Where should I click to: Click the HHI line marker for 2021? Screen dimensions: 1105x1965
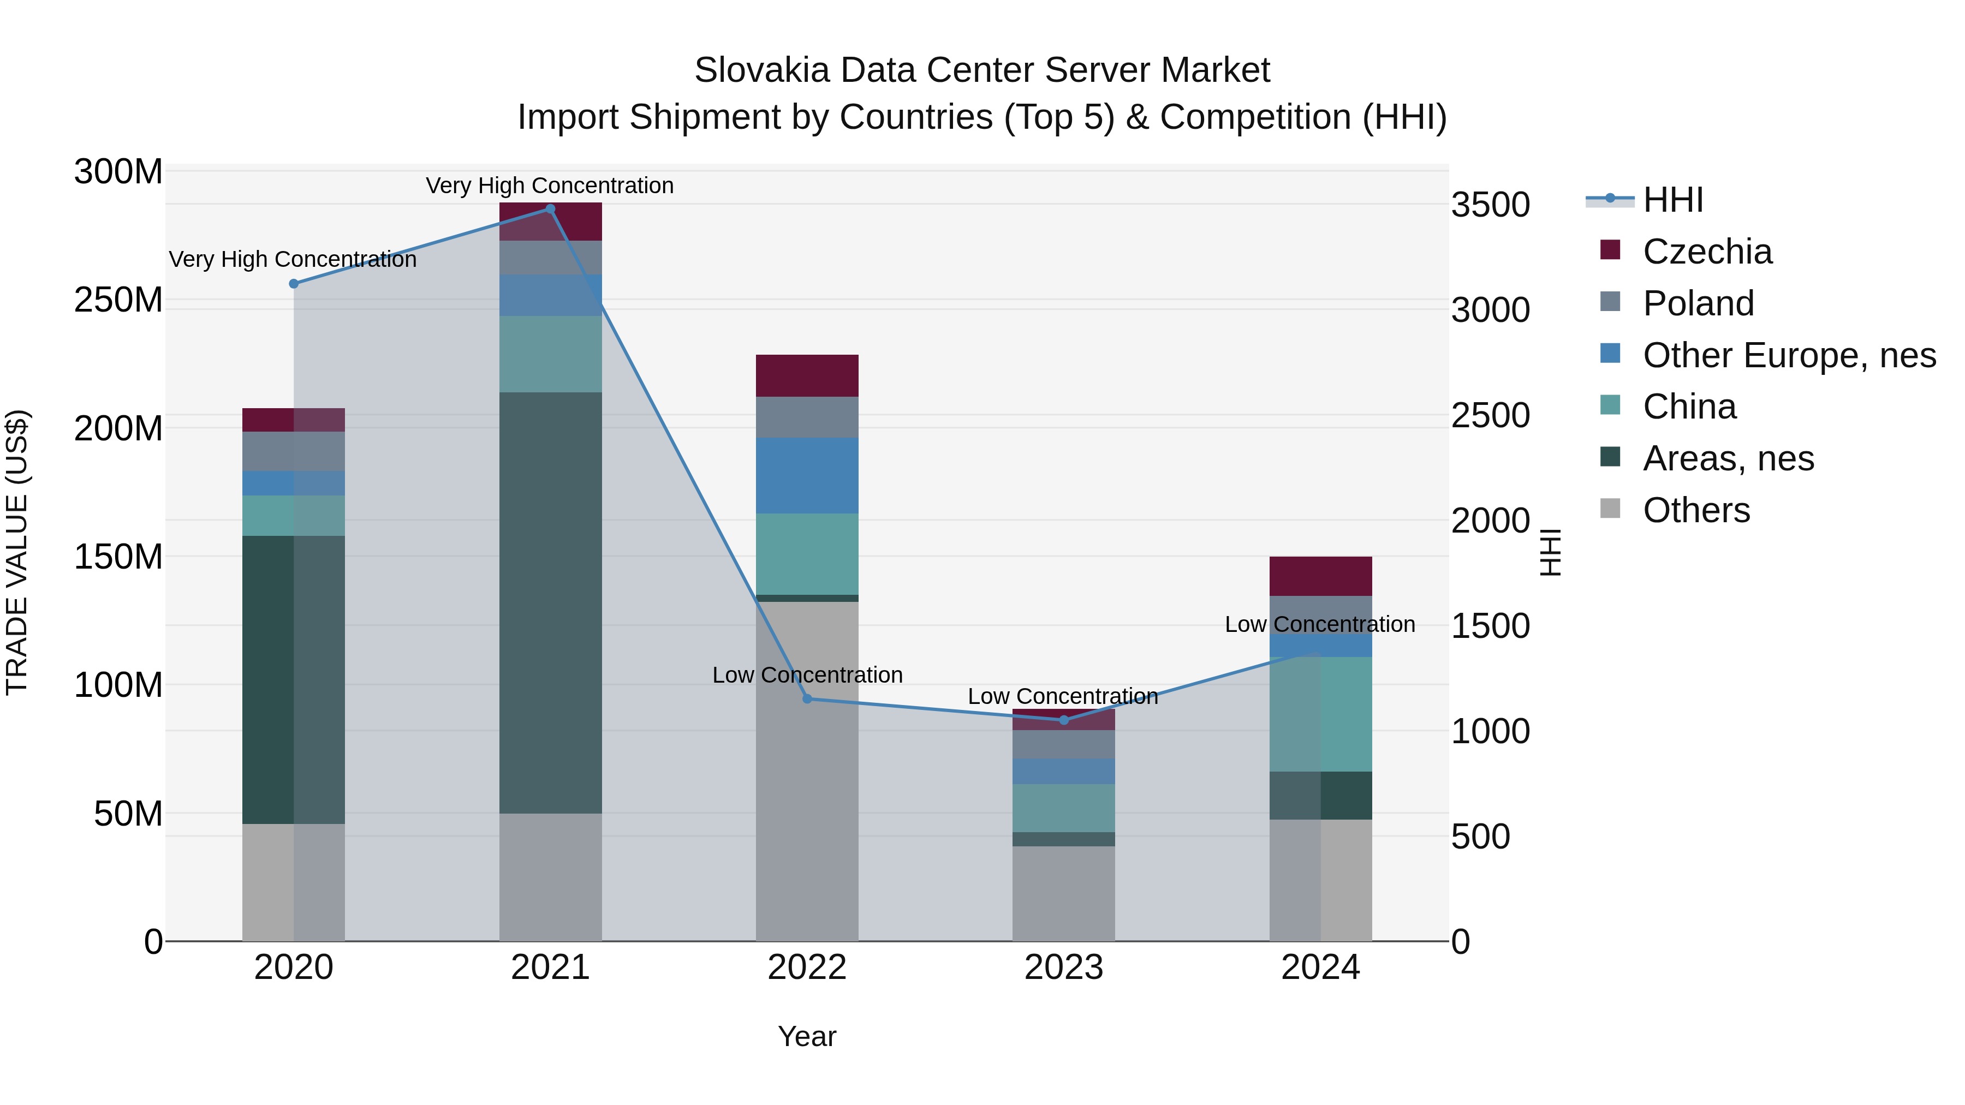[550, 209]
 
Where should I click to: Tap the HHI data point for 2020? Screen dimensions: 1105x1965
[294, 284]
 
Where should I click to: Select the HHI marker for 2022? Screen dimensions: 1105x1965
[807, 698]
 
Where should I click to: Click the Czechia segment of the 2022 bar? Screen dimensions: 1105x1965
[807, 375]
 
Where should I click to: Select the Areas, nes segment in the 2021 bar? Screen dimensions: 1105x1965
[550, 602]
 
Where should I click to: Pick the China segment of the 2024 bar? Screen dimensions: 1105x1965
[1320, 714]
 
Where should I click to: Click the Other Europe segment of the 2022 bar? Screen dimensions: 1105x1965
[807, 475]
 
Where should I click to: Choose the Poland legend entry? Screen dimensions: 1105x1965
[1698, 303]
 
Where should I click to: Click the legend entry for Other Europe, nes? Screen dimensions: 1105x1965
[1789, 355]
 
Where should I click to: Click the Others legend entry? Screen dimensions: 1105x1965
[1696, 510]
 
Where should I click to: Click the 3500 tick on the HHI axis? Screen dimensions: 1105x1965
[1490, 205]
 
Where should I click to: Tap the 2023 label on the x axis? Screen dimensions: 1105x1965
[1063, 967]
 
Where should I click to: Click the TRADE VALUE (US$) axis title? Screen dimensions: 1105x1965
[17, 552]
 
